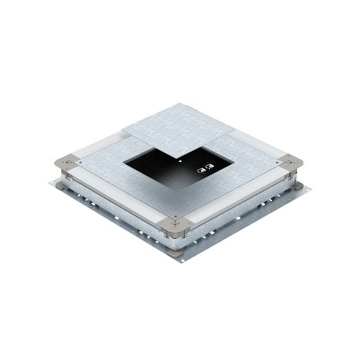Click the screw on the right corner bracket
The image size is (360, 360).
(x=293, y=163)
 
